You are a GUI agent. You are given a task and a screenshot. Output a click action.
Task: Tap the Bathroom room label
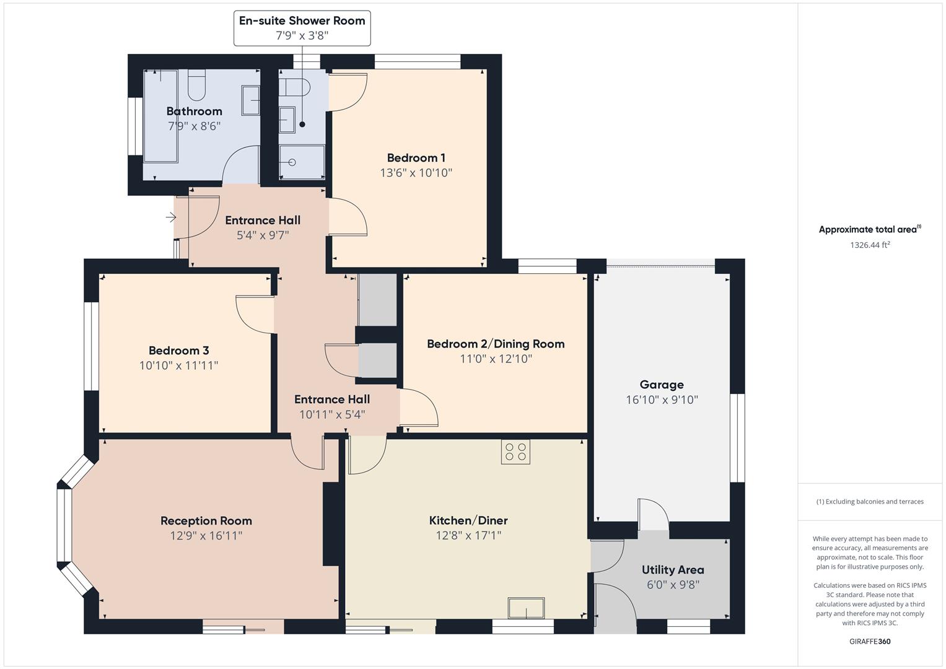point(194,111)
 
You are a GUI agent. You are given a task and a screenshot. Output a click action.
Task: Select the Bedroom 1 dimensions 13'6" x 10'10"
point(416,173)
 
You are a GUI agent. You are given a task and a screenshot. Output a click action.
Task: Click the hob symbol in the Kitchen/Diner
point(515,452)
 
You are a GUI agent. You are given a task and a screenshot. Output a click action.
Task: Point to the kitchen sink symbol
point(526,608)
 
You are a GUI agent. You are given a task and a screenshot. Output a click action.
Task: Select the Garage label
point(662,385)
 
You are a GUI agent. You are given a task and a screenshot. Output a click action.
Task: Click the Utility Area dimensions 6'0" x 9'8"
point(673,585)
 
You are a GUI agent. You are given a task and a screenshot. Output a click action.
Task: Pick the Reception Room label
point(206,521)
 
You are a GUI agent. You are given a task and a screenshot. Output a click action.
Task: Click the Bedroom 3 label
point(178,351)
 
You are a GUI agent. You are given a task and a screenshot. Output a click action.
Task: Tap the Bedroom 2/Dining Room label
point(496,344)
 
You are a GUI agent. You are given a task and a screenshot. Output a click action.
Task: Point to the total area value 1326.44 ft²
point(870,245)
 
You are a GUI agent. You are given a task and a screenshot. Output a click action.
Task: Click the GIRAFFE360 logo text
point(870,641)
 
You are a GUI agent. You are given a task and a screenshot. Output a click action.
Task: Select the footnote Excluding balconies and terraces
point(870,502)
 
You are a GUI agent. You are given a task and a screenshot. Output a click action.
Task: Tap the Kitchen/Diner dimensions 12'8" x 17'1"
point(468,535)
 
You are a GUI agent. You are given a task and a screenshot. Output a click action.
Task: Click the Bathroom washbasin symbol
point(250,100)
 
